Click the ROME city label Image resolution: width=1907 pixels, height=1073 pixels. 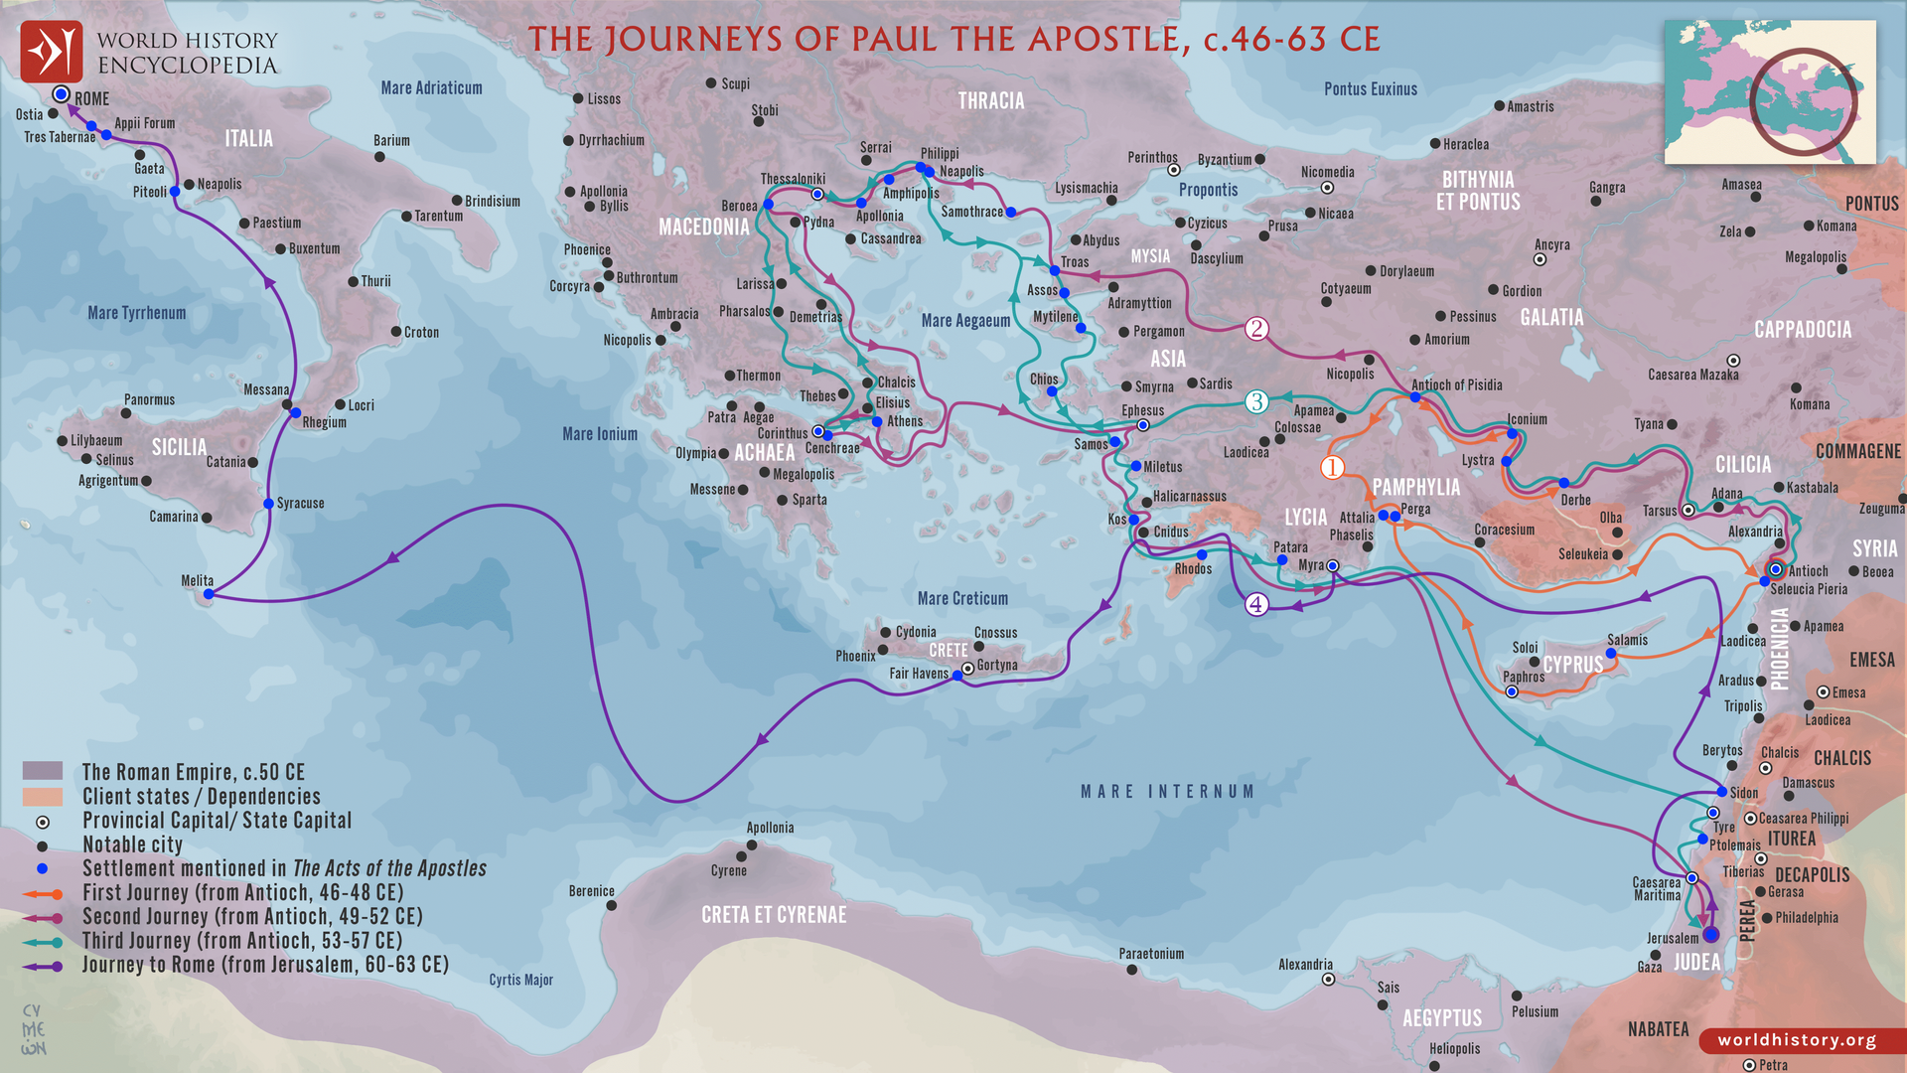pyautogui.click(x=91, y=98)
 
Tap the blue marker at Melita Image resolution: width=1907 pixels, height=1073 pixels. pyautogui.click(x=209, y=594)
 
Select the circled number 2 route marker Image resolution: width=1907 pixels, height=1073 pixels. pyautogui.click(x=1256, y=329)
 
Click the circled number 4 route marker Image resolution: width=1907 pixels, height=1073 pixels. pyautogui.click(x=1256, y=604)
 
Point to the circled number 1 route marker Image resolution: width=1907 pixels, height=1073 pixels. pyautogui.click(x=1332, y=467)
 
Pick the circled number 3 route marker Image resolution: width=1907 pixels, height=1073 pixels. pyautogui.click(x=1256, y=401)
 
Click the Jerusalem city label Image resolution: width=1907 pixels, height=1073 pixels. pyautogui.click(x=1673, y=938)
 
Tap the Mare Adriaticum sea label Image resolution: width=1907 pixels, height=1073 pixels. pyautogui.click(x=431, y=88)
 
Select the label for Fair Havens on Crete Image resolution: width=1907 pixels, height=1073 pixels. pyautogui.click(x=919, y=674)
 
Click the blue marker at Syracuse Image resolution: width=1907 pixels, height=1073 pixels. pyautogui.click(x=268, y=504)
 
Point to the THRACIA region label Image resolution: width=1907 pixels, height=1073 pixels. pyautogui.click(x=990, y=101)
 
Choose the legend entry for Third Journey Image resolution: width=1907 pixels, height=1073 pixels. pyautogui.click(x=241, y=941)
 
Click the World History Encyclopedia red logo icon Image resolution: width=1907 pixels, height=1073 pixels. pyautogui.click(x=52, y=52)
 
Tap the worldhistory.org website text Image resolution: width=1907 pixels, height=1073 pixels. pyautogui.click(x=1797, y=1040)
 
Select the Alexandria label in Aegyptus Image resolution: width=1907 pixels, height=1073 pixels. pyautogui.click(x=1305, y=965)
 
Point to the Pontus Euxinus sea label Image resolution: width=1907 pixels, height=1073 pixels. pyautogui.click(x=1370, y=89)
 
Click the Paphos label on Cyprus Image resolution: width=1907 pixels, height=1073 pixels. pyautogui.click(x=1524, y=677)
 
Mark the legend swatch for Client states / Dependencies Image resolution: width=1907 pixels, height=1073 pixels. pyautogui.click(x=43, y=797)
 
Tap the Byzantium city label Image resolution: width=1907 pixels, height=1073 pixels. pyautogui.click(x=1225, y=159)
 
